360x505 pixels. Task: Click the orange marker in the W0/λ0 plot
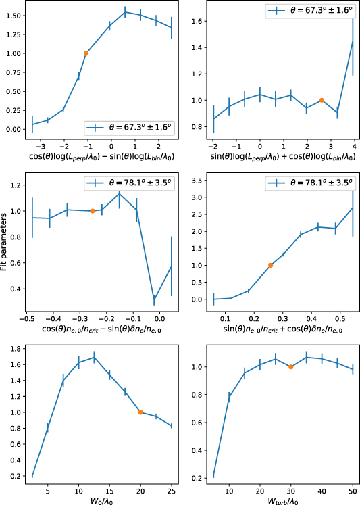pyautogui.click(x=140, y=412)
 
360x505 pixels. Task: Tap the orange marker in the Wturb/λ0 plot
pyautogui.click(x=290, y=367)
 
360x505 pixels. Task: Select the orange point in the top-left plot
pyautogui.click(x=86, y=53)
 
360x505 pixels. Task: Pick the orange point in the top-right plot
pyautogui.click(x=322, y=100)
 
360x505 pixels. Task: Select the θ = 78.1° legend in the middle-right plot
pyautogui.click(x=307, y=183)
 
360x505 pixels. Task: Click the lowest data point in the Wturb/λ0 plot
pyautogui.click(x=214, y=474)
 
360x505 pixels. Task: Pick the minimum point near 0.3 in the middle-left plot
pyautogui.click(x=154, y=299)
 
